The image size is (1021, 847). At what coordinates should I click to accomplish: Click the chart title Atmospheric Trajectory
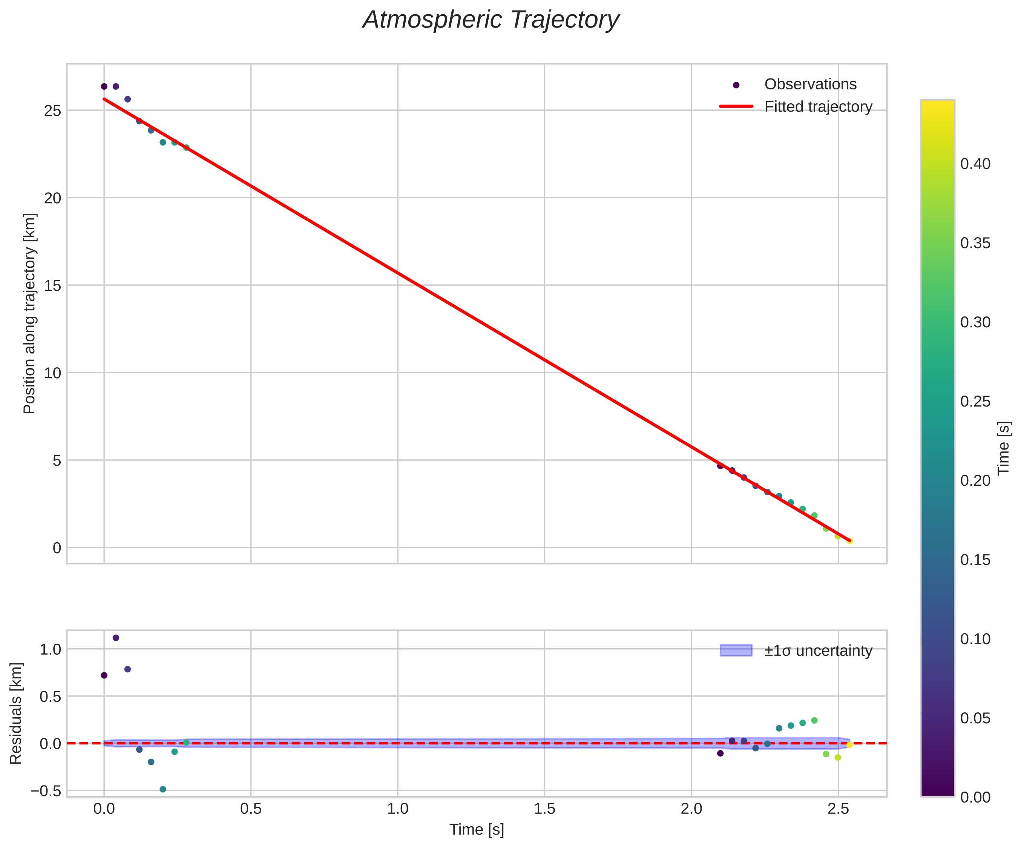(491, 20)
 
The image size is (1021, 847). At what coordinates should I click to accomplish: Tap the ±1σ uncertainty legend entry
(818, 651)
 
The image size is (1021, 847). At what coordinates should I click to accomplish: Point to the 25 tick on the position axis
(52, 111)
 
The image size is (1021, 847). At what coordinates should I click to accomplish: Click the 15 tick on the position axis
(52, 285)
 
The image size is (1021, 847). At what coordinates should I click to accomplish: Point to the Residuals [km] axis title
(16, 713)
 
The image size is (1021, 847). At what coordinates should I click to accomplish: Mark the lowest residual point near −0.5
(163, 789)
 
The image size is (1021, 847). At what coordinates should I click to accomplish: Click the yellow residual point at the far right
(849, 745)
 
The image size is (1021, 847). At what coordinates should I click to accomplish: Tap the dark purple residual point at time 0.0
(104, 675)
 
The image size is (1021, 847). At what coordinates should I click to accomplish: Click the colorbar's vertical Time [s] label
(1004, 448)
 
